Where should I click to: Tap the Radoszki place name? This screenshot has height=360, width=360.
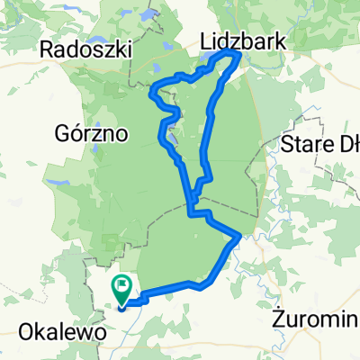pos(85,49)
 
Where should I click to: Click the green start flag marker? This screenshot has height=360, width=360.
pos(121,289)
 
